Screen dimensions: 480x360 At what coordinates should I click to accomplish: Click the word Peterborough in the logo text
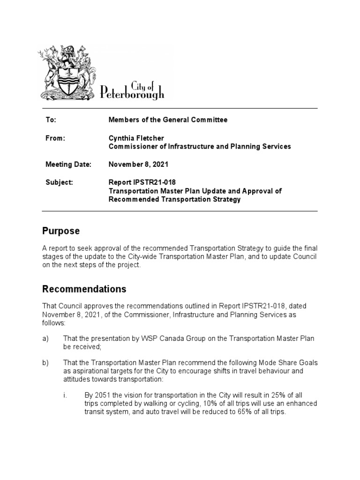(133, 93)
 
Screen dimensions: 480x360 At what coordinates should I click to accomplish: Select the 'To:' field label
(51, 120)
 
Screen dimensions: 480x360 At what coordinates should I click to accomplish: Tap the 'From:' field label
(55, 138)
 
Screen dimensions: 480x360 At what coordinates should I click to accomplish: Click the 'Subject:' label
(59, 182)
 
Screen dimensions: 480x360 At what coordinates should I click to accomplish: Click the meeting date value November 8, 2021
(138, 165)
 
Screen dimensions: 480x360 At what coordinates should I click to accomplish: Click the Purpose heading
(61, 231)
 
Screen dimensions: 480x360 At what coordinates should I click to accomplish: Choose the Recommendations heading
(84, 289)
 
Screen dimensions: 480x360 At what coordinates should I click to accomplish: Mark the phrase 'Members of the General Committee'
(168, 120)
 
